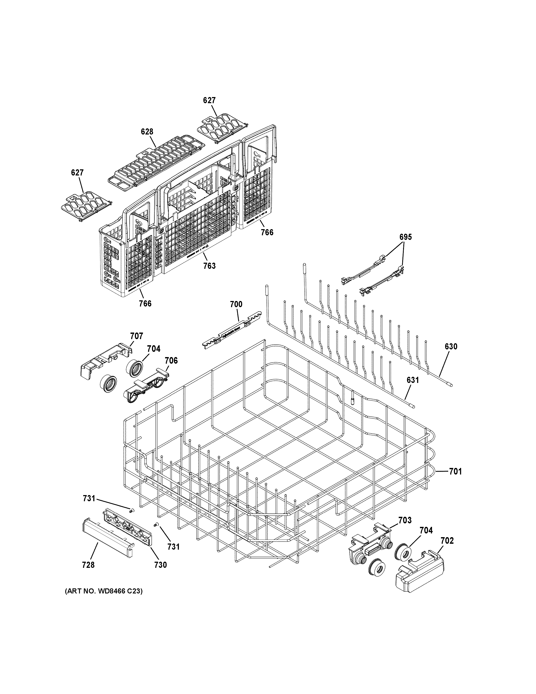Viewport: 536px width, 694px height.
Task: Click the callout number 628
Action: [x=147, y=132]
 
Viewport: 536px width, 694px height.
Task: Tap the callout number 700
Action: [x=236, y=305]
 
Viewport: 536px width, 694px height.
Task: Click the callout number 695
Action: [x=406, y=237]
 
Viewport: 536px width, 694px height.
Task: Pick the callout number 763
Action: [x=209, y=266]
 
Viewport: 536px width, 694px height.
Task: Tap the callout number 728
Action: [x=88, y=565]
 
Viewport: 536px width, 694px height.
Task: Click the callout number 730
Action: [x=160, y=565]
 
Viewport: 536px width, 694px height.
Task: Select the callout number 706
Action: [x=171, y=360]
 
